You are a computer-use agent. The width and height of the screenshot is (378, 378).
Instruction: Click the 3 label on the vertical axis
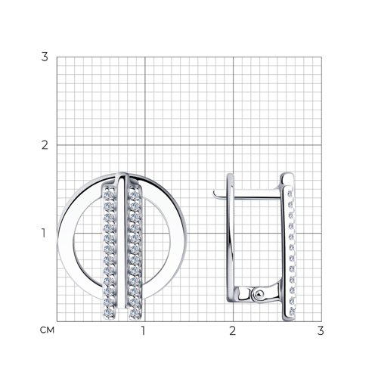[45, 57]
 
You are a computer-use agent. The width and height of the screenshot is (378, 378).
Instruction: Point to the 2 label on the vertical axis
[45, 145]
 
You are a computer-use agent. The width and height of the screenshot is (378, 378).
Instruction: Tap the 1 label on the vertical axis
[44, 234]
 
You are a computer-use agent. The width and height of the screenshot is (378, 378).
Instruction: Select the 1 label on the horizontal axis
[143, 330]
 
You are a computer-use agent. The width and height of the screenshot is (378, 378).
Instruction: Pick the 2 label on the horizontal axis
[232, 330]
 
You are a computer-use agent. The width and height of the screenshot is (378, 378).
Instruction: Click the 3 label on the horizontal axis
[321, 330]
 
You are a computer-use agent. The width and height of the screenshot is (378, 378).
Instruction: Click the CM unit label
[47, 330]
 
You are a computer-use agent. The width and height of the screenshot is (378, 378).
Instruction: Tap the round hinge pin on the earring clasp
[259, 294]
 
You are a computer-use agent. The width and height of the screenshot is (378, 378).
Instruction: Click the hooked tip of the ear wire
[215, 194]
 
